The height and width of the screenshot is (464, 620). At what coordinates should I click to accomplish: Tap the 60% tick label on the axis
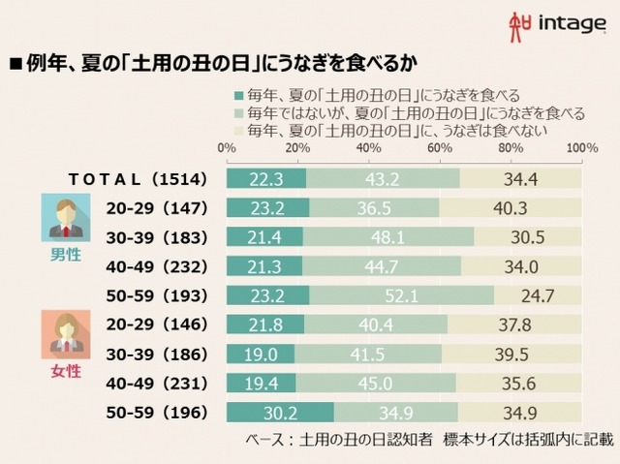click(440, 148)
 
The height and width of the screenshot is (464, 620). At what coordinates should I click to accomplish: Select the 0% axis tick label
click(227, 148)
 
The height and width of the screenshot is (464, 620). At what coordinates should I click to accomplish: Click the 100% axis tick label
click(580, 148)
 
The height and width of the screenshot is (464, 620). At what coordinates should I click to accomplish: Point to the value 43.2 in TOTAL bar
click(383, 178)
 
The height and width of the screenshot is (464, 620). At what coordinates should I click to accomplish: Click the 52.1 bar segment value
click(400, 294)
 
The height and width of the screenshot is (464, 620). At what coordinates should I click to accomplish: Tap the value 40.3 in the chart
click(511, 207)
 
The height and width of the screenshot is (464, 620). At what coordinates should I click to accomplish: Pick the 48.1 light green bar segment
click(388, 236)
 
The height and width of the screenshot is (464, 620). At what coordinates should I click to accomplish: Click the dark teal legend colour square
click(238, 96)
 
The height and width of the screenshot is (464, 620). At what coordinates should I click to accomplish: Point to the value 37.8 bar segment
click(514, 325)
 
